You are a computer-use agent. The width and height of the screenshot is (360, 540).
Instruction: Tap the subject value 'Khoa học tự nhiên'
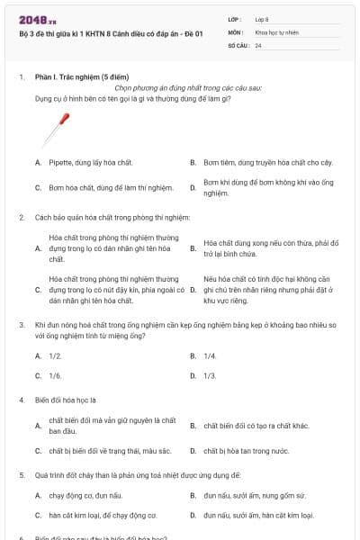tap(276, 31)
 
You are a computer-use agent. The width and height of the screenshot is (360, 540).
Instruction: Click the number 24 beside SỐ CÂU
tap(258, 45)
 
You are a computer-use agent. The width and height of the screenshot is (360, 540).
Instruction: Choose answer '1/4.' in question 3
tap(210, 356)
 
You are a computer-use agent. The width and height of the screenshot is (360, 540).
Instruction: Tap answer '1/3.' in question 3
tap(210, 375)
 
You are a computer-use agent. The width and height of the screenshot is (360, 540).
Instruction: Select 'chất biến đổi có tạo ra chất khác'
tap(256, 425)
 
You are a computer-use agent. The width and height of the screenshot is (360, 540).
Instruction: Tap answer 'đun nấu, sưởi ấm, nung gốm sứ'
tap(255, 496)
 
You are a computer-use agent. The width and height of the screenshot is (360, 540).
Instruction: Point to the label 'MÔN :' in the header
tap(235, 31)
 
